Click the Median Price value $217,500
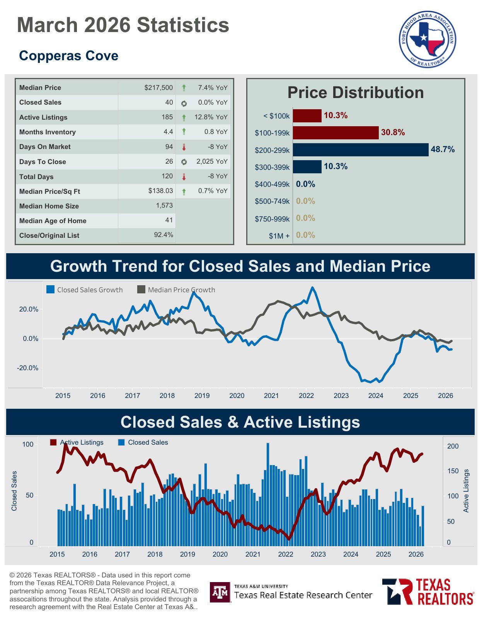[x=158, y=88]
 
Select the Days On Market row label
[x=45, y=147]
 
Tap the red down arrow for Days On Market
[x=184, y=147]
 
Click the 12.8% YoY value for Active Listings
[x=211, y=117]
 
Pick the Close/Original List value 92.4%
[x=164, y=235]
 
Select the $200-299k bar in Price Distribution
[x=361, y=150]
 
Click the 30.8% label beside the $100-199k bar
[x=393, y=132]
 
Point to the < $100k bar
[x=307, y=116]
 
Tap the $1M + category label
[x=279, y=236]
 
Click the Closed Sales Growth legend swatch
[x=50, y=289]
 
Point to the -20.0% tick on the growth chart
[x=27, y=368]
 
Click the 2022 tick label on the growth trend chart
[x=306, y=396]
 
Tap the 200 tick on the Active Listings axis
[x=453, y=446]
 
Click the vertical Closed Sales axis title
[x=14, y=491]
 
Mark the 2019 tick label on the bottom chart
[x=187, y=554]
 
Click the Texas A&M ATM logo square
[x=220, y=592]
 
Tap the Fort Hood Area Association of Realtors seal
[x=427, y=39]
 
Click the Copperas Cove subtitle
[x=68, y=56]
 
